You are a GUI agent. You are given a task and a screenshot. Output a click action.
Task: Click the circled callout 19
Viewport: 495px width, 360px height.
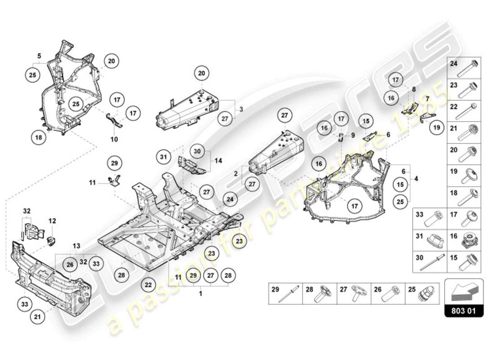(x=436, y=128)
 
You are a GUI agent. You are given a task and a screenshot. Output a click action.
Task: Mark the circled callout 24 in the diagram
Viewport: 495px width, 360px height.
(x=230, y=198)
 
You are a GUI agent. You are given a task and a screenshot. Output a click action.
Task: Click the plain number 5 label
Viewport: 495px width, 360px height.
(x=39, y=56)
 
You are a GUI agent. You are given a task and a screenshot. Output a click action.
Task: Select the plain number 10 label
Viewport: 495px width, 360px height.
(x=114, y=139)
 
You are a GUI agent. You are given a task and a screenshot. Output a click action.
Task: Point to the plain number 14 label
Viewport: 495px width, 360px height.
(x=219, y=160)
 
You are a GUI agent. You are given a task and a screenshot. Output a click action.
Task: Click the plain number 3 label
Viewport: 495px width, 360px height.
(x=241, y=109)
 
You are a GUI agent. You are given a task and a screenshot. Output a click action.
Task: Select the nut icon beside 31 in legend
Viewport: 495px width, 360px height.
(x=435, y=238)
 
